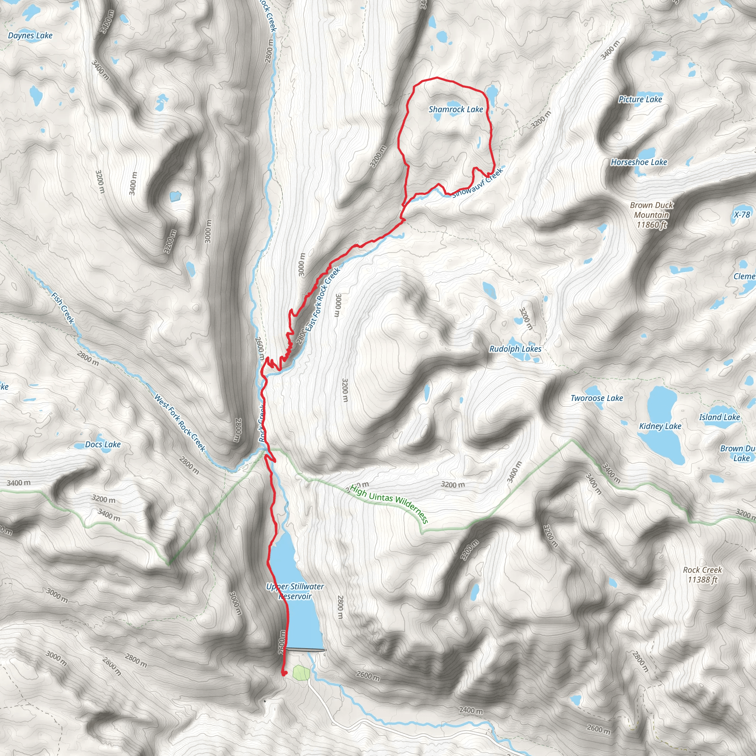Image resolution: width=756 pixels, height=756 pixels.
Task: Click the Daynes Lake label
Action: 30,35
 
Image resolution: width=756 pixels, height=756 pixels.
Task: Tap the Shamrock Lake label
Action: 456,110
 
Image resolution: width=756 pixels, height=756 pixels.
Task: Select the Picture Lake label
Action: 640,99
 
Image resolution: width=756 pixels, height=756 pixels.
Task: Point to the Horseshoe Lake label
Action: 639,162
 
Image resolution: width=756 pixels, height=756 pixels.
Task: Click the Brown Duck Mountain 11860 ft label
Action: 652,215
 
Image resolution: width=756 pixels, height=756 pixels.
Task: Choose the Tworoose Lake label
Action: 597,398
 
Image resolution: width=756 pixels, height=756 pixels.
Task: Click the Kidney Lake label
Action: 660,426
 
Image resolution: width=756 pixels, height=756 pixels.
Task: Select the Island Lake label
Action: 719,417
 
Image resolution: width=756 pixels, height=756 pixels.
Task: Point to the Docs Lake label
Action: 103,444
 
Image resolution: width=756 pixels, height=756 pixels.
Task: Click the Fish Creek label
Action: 63,308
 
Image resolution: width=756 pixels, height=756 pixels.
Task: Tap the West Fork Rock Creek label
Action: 180,423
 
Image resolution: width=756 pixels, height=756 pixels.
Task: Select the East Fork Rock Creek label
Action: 323,299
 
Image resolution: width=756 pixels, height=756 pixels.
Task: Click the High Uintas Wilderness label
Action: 389,504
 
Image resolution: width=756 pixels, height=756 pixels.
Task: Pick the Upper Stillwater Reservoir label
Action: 295,591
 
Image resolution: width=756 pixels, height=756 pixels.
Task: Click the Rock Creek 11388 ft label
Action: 702,575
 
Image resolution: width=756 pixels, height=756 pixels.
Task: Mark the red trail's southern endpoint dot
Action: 284,673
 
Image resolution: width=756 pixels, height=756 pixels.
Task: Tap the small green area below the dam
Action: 301,673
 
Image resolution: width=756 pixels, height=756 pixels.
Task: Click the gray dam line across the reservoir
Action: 306,650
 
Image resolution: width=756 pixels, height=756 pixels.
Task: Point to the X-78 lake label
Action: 742,214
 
